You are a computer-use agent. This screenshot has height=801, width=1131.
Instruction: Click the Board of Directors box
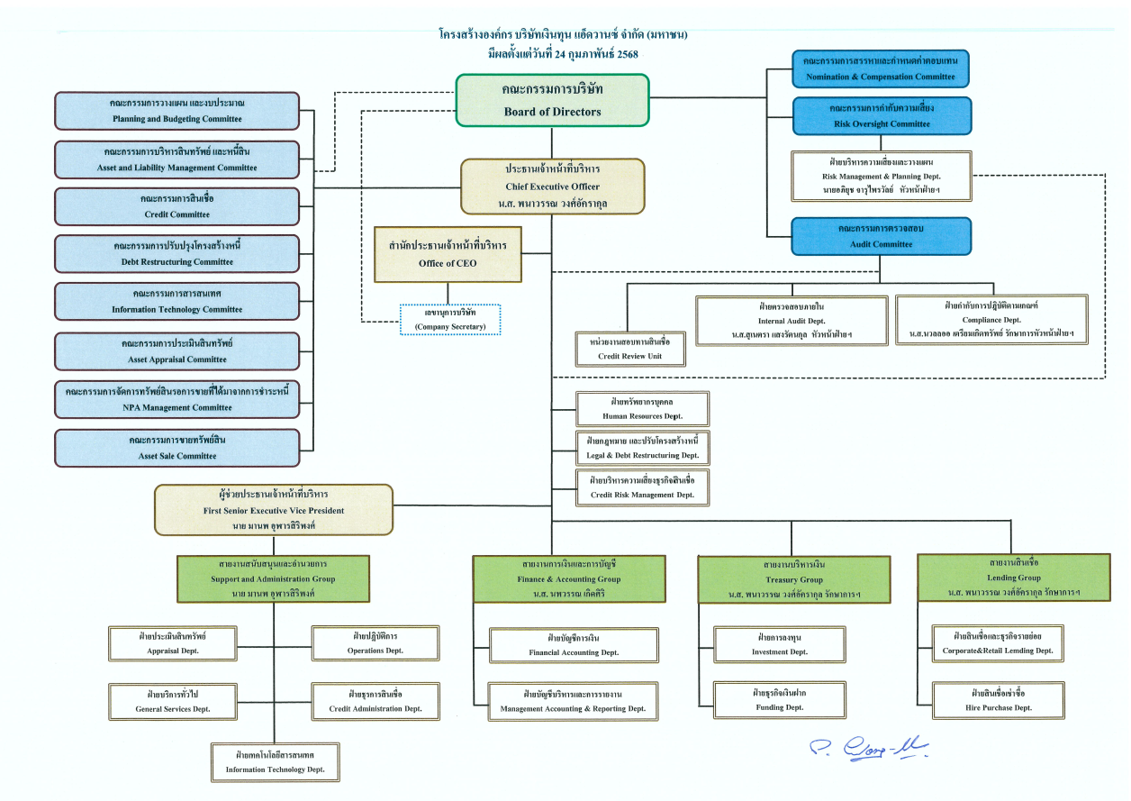(x=552, y=100)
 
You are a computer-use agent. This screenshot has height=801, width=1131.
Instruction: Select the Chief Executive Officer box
(x=552, y=187)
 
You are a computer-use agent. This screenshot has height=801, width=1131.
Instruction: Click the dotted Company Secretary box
(x=449, y=320)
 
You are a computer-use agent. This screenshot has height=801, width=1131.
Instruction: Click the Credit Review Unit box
(x=629, y=349)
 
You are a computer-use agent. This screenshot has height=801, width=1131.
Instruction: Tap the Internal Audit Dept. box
(x=792, y=320)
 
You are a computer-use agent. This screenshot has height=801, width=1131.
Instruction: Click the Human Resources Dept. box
(x=642, y=409)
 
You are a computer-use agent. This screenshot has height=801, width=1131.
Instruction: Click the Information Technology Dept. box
(x=276, y=761)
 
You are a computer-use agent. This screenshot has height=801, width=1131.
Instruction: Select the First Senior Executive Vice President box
(x=274, y=509)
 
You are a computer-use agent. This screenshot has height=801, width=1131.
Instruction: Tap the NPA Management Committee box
(x=176, y=400)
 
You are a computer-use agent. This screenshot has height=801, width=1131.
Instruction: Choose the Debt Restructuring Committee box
(x=176, y=253)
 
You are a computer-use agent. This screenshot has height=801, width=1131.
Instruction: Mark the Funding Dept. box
(x=780, y=700)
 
